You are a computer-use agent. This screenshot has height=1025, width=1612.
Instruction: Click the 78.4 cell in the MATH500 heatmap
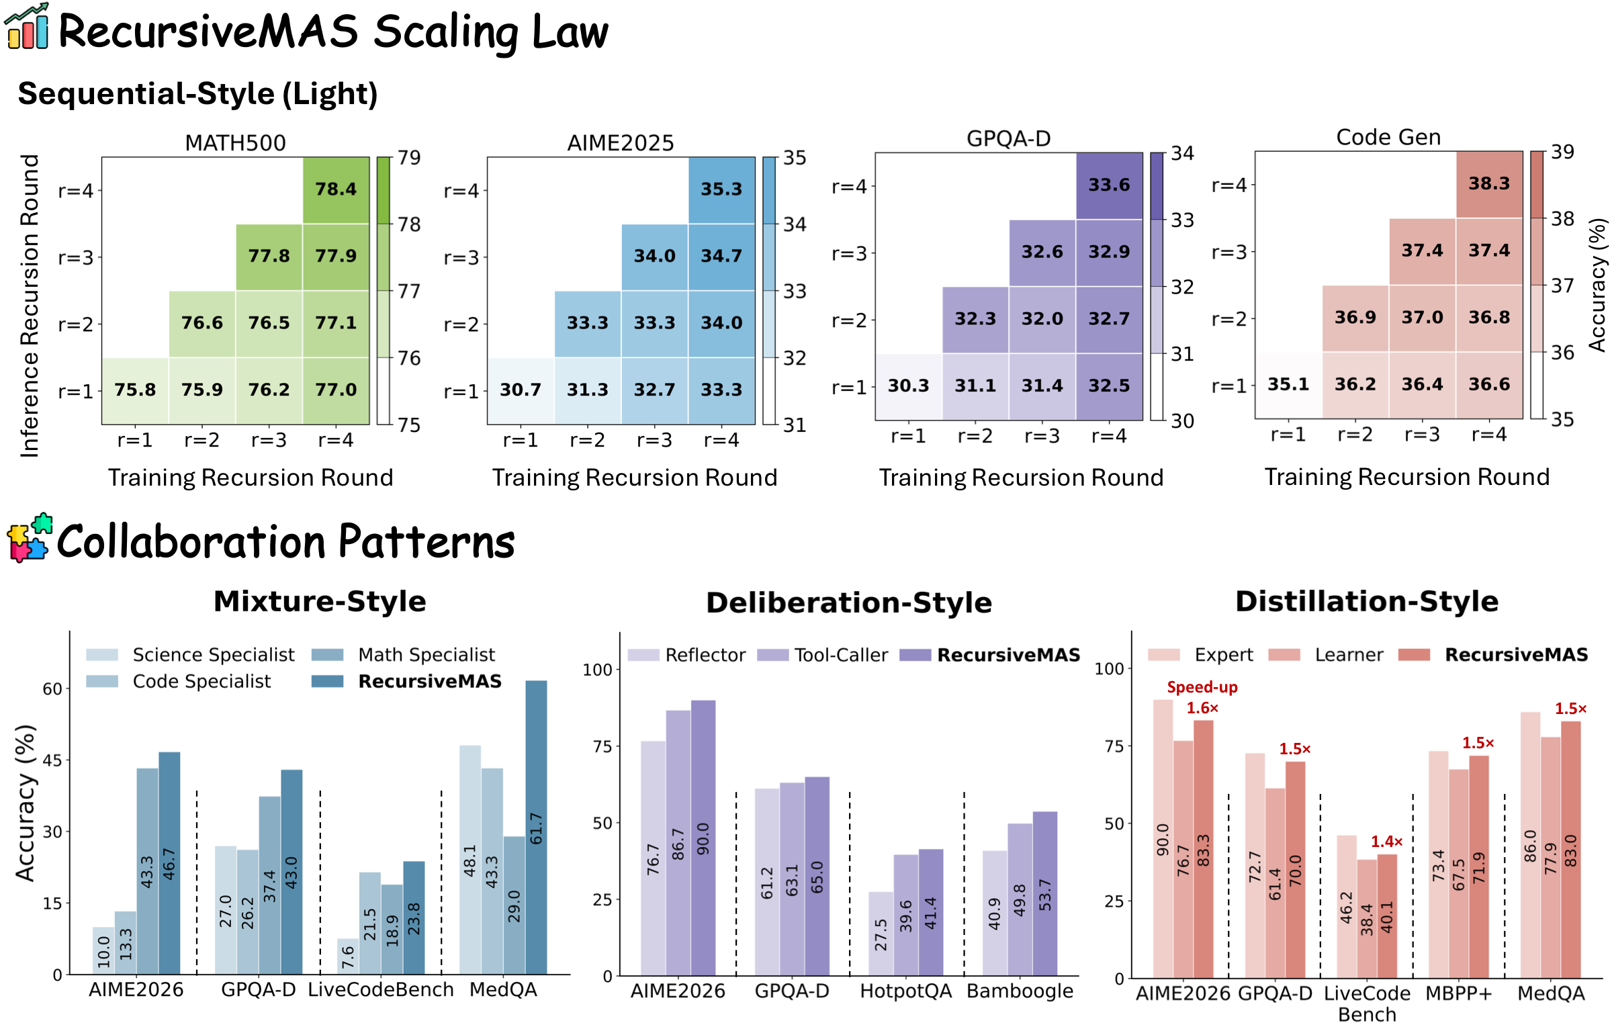336,189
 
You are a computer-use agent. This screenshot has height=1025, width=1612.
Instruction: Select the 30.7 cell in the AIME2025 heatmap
521,390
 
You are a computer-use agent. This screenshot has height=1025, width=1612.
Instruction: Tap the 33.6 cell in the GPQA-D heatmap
1109,185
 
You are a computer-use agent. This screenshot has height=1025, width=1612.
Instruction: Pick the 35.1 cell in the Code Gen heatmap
1288,384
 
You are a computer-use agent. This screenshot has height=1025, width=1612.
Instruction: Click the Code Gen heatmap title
1388,137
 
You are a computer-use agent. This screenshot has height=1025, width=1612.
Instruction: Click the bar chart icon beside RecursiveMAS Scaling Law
27,27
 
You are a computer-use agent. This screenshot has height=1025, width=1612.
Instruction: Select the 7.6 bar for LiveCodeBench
347,956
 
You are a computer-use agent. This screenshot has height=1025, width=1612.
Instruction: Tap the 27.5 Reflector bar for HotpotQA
881,934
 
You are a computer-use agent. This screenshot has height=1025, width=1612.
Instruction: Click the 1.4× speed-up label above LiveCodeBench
1386,842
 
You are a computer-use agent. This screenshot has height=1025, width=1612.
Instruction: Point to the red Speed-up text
1202,687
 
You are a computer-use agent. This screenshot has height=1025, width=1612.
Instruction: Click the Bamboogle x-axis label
1020,991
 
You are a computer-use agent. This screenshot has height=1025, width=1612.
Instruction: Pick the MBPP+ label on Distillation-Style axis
1458,993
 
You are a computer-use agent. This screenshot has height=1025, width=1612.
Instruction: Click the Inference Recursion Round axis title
30,306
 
